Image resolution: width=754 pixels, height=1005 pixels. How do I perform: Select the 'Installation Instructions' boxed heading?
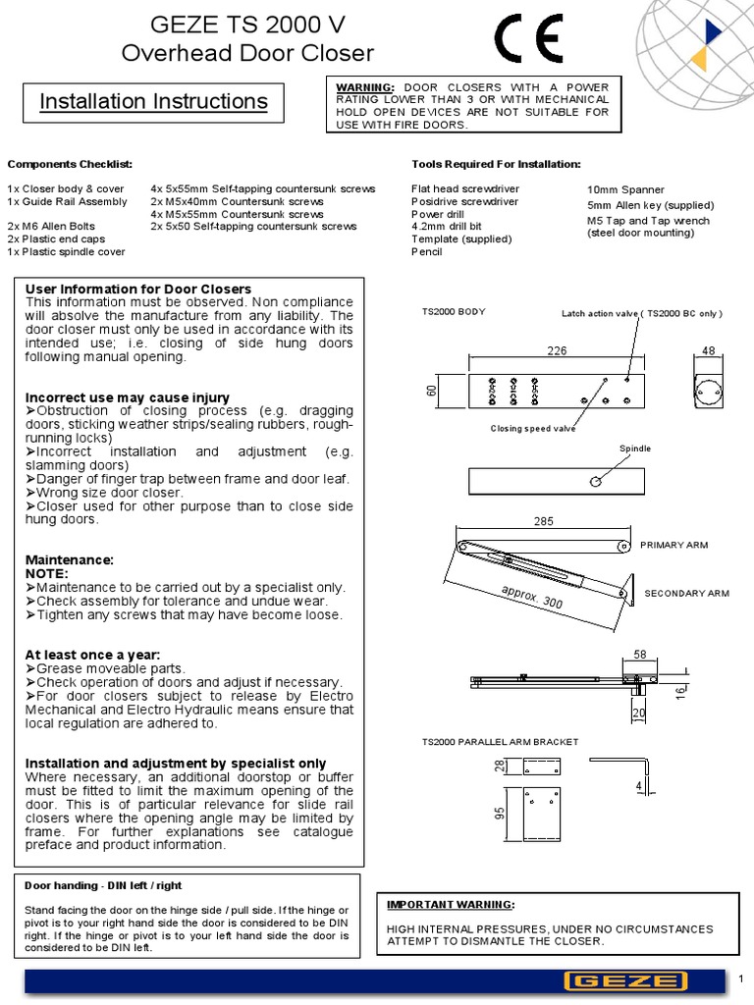pyautogui.click(x=153, y=102)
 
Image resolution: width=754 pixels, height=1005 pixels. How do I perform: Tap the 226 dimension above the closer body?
pyautogui.click(x=558, y=349)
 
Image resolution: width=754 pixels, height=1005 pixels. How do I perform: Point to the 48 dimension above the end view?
pyautogui.click(x=709, y=349)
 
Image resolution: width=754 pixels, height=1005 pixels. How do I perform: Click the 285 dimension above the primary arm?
pyautogui.click(x=544, y=522)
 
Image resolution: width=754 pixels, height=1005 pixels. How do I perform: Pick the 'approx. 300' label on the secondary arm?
pyautogui.click(x=531, y=597)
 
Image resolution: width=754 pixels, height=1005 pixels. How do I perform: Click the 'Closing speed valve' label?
pyautogui.click(x=533, y=429)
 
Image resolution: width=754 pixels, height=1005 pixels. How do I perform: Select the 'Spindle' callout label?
pyautogui.click(x=634, y=449)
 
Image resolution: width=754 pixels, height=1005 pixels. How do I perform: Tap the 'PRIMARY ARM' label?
pyautogui.click(x=673, y=545)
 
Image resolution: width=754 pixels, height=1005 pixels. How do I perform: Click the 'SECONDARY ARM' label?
pyautogui.click(x=686, y=594)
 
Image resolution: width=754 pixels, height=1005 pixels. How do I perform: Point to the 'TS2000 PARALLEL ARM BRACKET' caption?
pyautogui.click(x=500, y=742)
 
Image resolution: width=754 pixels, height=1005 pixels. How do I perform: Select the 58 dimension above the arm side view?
pyautogui.click(x=640, y=653)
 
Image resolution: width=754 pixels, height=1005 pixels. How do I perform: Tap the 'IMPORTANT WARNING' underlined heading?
pyautogui.click(x=449, y=904)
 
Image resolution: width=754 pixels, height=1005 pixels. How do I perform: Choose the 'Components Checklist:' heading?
pyautogui.click(x=70, y=164)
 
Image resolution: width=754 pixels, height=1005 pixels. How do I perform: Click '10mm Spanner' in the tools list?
pyautogui.click(x=625, y=189)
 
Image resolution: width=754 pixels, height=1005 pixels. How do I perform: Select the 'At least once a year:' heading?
pyautogui.click(x=92, y=654)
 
